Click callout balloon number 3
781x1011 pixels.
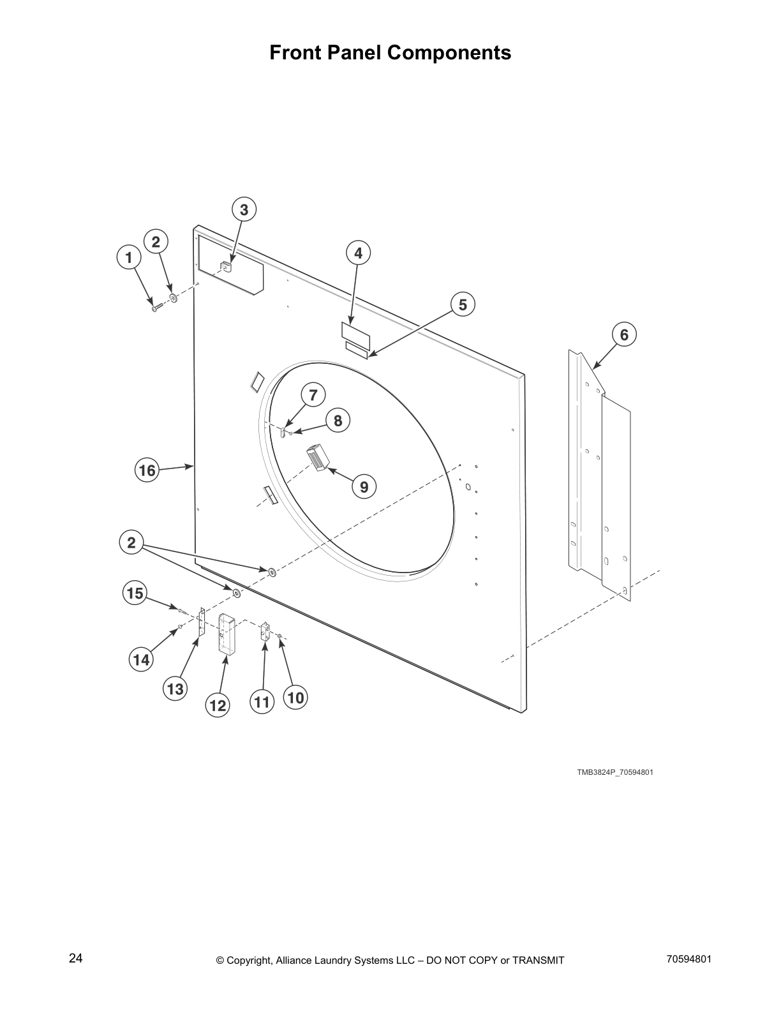(244, 209)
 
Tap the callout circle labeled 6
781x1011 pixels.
(624, 334)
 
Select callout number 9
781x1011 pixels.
(364, 488)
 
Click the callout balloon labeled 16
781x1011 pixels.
(147, 471)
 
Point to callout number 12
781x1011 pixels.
(218, 705)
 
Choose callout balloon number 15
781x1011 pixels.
(135, 593)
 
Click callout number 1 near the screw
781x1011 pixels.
(129, 258)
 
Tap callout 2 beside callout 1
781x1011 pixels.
(156, 241)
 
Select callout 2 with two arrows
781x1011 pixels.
(131, 543)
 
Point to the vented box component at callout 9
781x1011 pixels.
(316, 458)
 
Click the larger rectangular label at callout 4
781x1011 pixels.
(355, 331)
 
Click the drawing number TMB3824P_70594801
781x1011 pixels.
(615, 772)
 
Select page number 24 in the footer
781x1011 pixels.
(76, 958)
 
